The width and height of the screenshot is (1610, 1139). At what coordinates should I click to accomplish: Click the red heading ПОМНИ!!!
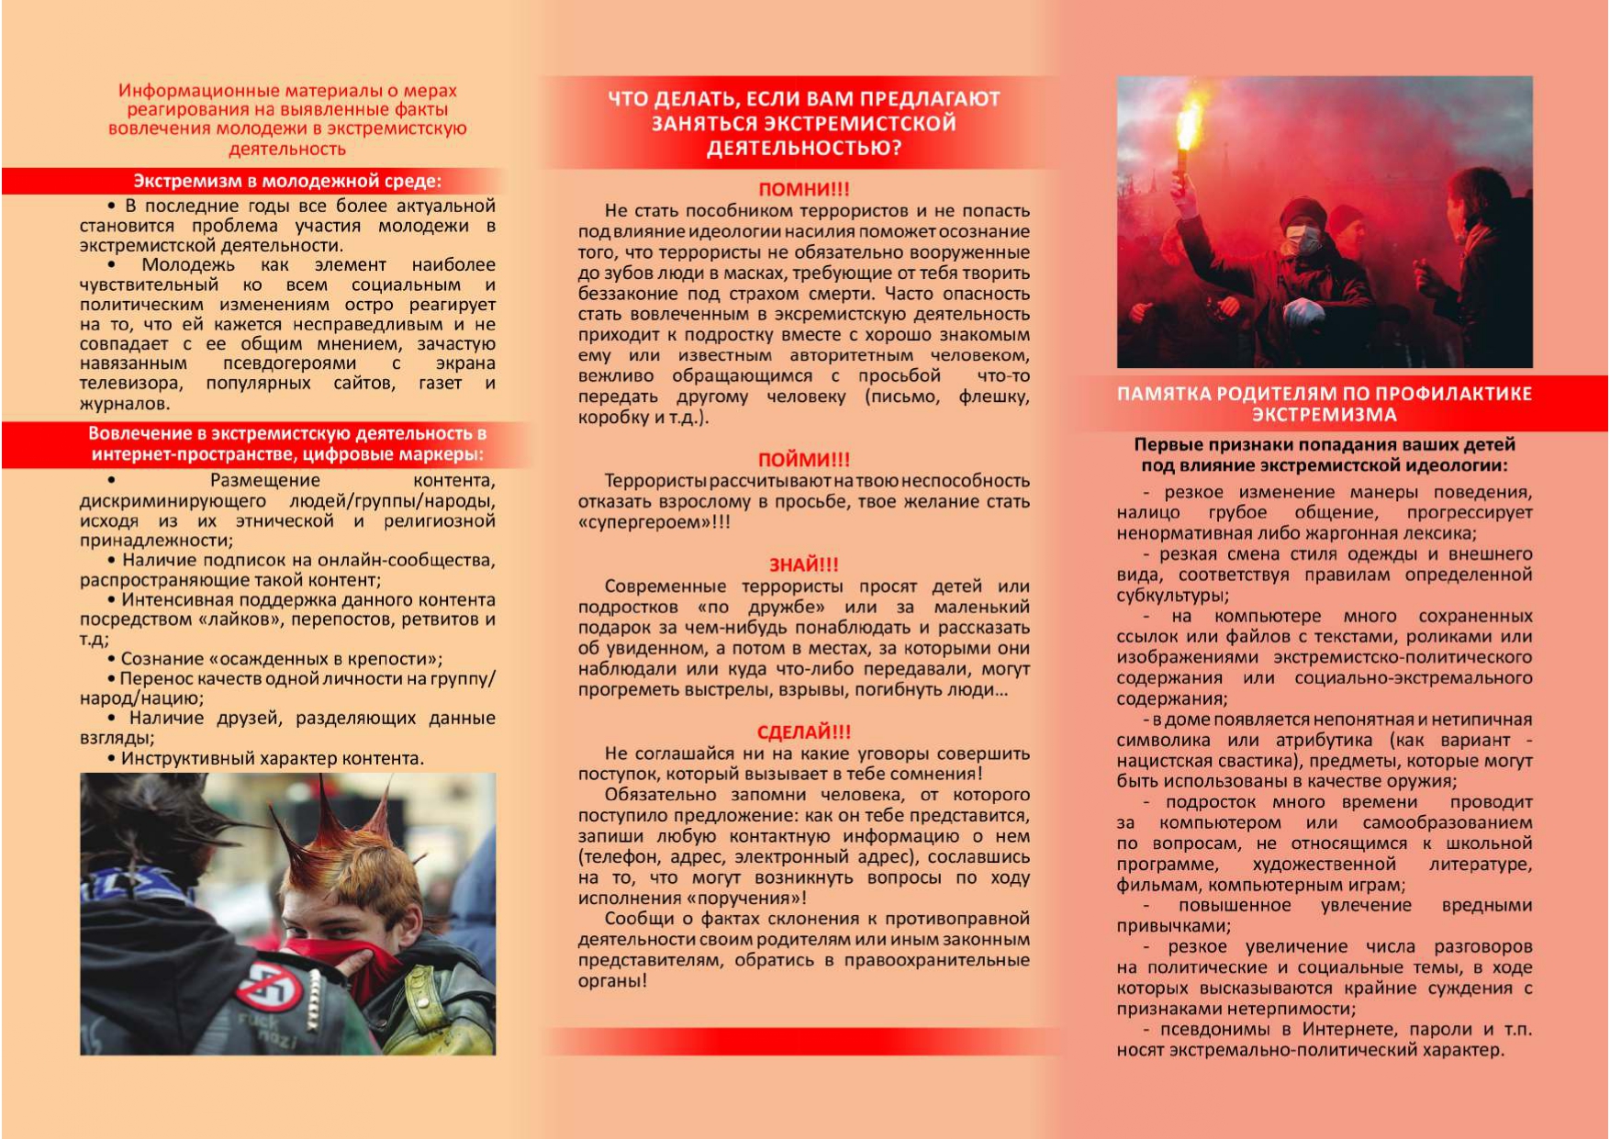pyautogui.click(x=804, y=189)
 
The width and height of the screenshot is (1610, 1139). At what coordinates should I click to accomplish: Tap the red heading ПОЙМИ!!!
pyautogui.click(x=804, y=459)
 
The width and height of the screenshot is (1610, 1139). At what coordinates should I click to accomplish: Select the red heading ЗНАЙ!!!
pyautogui.click(x=804, y=564)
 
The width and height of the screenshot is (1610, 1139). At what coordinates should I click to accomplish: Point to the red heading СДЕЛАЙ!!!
pyautogui.click(x=804, y=731)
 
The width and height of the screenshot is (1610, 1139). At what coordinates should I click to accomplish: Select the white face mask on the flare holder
pyautogui.click(x=1303, y=240)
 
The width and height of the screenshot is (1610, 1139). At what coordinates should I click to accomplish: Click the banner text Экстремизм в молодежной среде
pyautogui.click(x=287, y=181)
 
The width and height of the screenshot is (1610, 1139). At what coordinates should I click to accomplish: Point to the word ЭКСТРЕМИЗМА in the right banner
pyautogui.click(x=1324, y=415)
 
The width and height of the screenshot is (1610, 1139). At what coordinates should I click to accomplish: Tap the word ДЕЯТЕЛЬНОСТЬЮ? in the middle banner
pyautogui.click(x=804, y=149)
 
